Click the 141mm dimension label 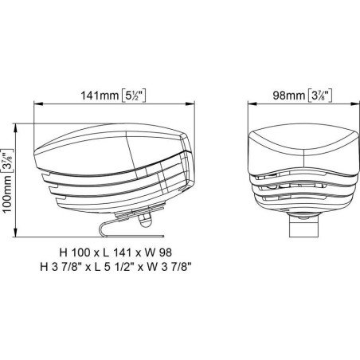point(100,96)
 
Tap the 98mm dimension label point(289,96)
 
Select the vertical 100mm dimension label point(7,194)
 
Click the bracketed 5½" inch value point(134,96)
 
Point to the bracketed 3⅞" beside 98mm point(320,96)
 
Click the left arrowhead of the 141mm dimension point(38,104)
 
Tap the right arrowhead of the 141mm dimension point(190,104)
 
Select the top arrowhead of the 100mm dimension point(15,128)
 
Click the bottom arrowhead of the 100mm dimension point(15,232)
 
